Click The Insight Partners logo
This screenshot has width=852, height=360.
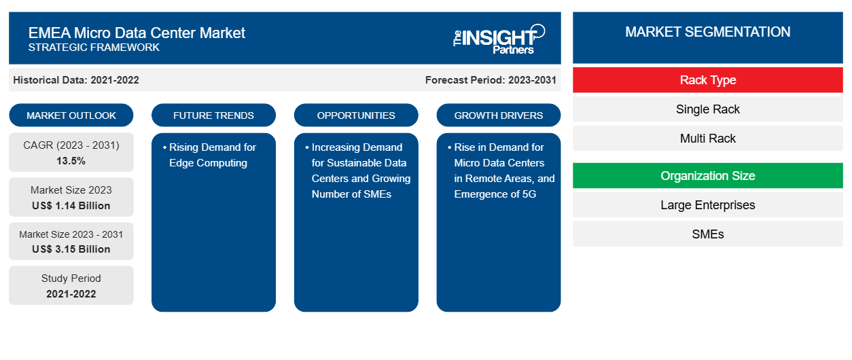tap(499, 39)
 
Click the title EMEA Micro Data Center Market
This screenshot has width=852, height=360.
tap(137, 33)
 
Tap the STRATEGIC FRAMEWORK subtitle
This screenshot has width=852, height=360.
tap(94, 48)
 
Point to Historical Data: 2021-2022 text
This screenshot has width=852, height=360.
tap(76, 80)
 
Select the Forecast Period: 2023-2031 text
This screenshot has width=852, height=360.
tap(491, 80)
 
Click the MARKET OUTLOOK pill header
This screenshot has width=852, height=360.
tap(71, 115)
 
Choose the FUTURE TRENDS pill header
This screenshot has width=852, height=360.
tap(213, 115)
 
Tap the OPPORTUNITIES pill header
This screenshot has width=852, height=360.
tap(356, 115)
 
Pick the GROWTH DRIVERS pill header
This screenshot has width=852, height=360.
tap(499, 115)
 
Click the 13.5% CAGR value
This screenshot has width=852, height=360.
tap(71, 161)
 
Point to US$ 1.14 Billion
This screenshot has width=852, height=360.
tap(71, 206)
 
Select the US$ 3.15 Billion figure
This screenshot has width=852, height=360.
tap(71, 249)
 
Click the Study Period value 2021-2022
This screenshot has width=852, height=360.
tap(71, 294)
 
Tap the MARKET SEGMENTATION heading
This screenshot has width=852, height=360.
tap(708, 32)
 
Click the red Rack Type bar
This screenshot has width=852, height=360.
tap(708, 80)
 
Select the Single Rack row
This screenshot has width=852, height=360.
tap(708, 109)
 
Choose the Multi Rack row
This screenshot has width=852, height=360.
tap(708, 139)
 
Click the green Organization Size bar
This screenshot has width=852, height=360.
tap(708, 176)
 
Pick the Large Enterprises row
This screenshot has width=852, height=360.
tap(708, 205)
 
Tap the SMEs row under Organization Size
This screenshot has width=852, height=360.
tap(708, 234)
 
